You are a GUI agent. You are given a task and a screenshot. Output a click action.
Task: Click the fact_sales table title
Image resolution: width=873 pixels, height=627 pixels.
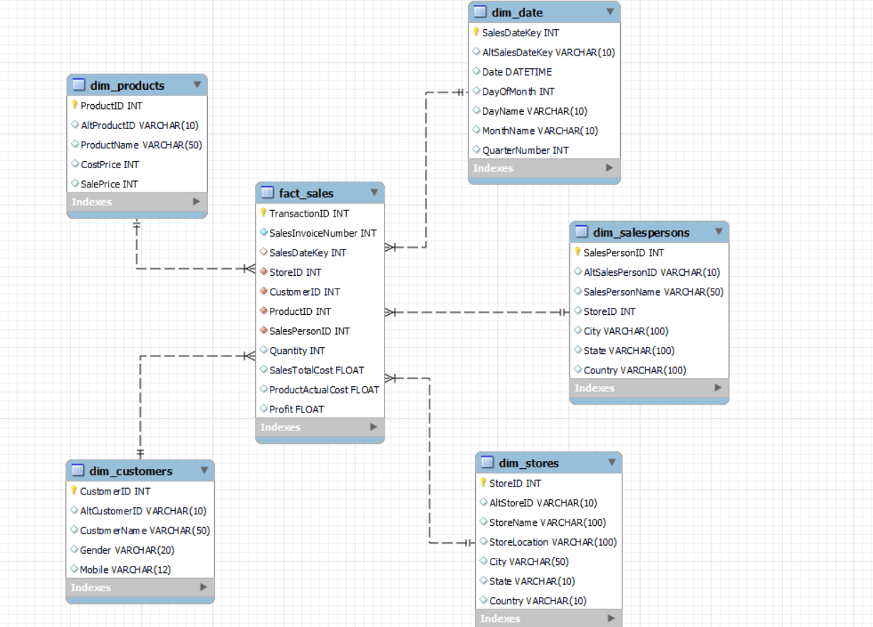[306, 193]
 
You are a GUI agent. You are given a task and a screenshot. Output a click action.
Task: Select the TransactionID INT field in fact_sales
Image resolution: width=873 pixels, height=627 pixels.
[309, 213]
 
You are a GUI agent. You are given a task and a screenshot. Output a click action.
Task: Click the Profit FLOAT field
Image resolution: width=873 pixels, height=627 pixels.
[296, 409]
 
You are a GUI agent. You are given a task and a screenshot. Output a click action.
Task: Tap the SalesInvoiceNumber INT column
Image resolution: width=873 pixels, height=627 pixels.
[323, 233]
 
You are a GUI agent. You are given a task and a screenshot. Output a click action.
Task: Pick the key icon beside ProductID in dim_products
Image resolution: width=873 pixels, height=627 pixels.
[75, 105]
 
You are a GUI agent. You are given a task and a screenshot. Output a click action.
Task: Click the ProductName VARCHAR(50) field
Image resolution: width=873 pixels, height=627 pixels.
[141, 145]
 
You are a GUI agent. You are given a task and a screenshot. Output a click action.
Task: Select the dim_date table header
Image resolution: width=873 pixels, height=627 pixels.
[517, 12]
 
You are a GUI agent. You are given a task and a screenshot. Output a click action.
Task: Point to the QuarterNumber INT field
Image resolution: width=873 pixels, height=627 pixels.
[526, 150]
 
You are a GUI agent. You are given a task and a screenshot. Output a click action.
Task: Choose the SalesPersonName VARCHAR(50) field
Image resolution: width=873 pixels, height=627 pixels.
[653, 291]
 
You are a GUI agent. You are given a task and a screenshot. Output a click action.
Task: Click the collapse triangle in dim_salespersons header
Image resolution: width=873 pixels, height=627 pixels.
[718, 232]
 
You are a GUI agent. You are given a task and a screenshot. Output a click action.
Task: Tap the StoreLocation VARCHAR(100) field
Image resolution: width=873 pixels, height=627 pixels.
[553, 542]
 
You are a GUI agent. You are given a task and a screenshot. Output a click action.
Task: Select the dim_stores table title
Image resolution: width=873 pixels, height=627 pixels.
[528, 463]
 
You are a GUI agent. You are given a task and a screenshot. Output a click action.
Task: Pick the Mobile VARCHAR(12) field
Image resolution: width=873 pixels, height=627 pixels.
[125, 569]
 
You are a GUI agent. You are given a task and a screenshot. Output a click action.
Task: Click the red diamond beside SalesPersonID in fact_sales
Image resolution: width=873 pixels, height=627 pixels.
[263, 331]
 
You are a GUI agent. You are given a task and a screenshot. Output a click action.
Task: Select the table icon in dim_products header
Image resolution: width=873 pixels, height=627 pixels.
[79, 85]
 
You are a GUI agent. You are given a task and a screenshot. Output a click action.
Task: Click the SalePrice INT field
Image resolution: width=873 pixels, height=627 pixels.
[109, 184]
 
